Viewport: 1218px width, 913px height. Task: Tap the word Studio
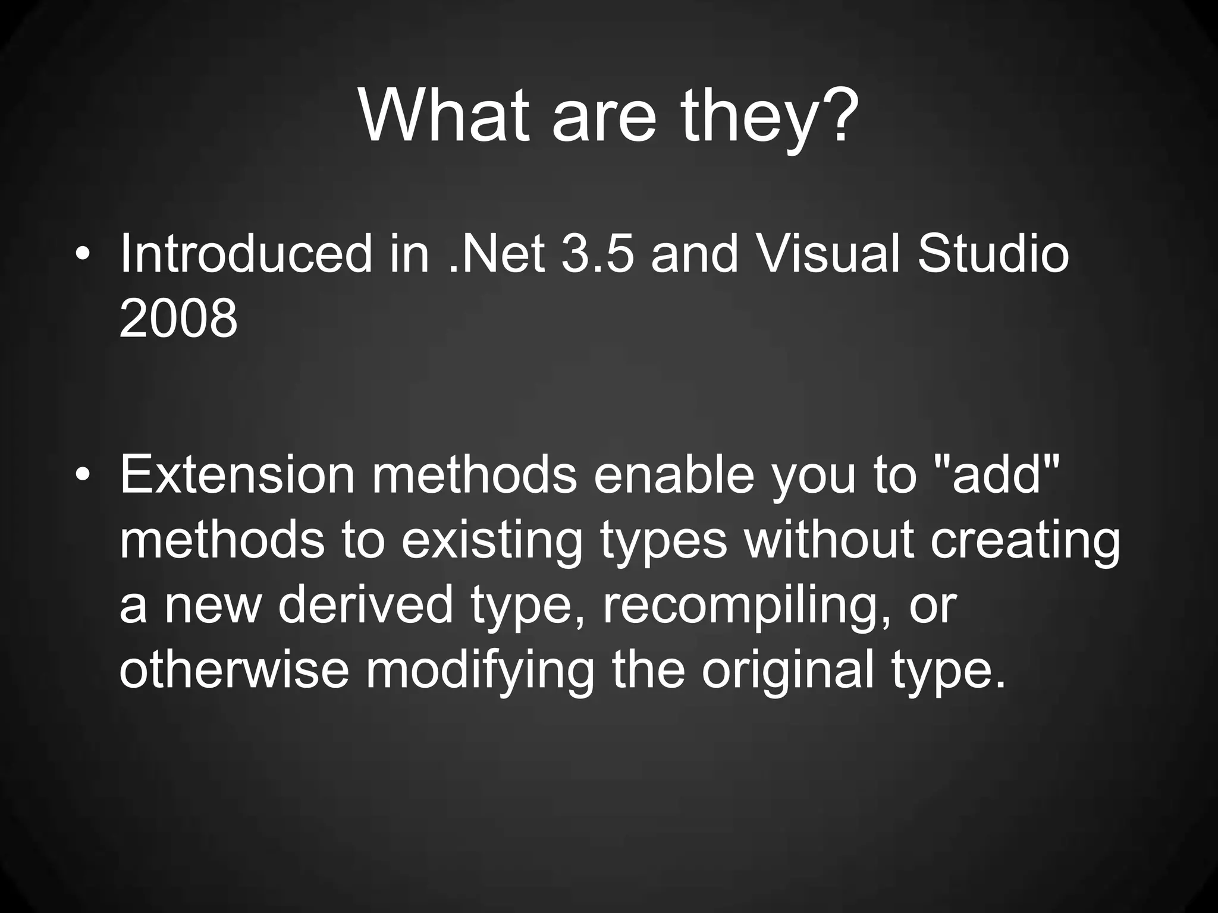click(x=993, y=254)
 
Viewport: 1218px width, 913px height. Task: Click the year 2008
click(x=178, y=319)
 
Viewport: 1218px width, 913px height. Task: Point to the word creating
click(x=1025, y=542)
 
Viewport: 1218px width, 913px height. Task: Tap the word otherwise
click(x=234, y=669)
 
